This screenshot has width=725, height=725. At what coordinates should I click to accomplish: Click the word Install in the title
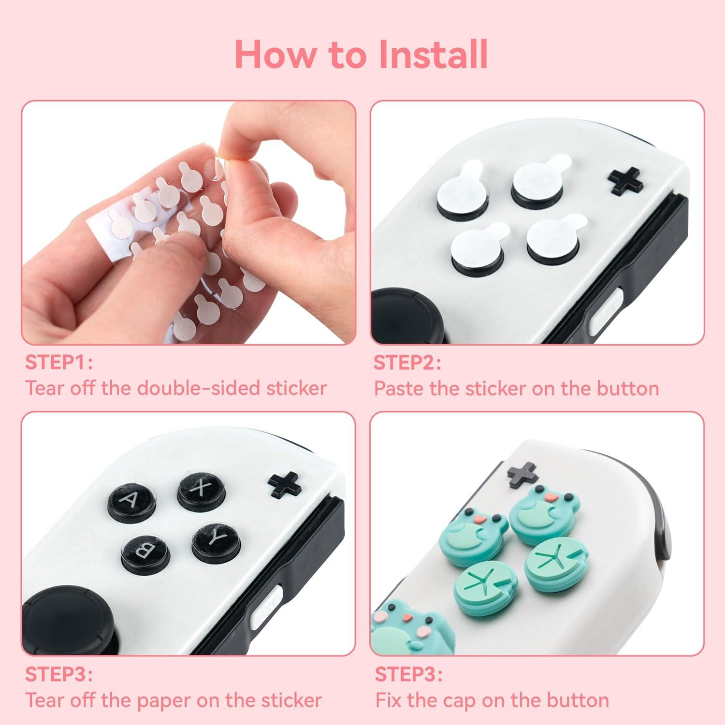(x=433, y=55)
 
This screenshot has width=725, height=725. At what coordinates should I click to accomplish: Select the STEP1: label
(x=58, y=362)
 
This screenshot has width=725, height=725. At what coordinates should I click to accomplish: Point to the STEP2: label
(x=407, y=362)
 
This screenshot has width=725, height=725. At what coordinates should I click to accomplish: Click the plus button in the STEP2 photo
(x=625, y=181)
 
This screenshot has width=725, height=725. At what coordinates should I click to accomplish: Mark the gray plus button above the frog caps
(x=522, y=474)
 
